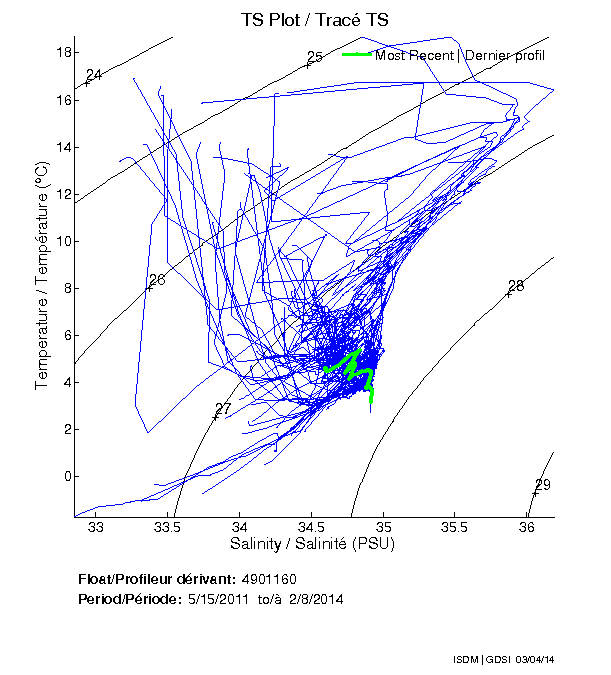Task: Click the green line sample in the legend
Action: pyautogui.click(x=357, y=55)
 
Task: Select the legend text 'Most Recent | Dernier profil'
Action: pyautogui.click(x=460, y=55)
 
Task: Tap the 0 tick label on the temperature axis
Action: pyautogui.click(x=61, y=476)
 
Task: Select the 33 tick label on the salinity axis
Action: pyautogui.click(x=96, y=526)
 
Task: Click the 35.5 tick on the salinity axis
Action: pyautogui.click(x=455, y=526)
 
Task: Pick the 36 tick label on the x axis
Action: pyautogui.click(x=527, y=526)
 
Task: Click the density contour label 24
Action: pyautogui.click(x=95, y=75)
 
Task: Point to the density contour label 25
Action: pyautogui.click(x=314, y=57)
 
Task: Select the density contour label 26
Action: pyautogui.click(x=157, y=280)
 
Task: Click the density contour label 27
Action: pyautogui.click(x=223, y=409)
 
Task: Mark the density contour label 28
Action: pyautogui.click(x=516, y=285)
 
